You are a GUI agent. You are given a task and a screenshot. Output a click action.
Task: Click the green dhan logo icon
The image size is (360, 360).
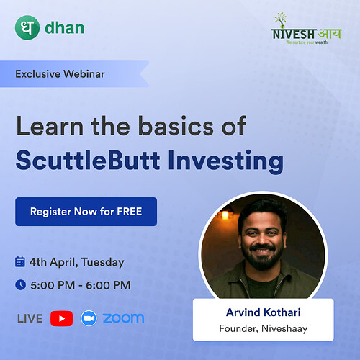27,28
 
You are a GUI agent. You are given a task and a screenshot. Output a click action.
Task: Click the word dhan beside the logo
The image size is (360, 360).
64,29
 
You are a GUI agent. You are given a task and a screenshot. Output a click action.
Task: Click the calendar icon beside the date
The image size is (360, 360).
20,261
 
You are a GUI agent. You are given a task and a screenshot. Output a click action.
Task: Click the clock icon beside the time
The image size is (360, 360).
20,285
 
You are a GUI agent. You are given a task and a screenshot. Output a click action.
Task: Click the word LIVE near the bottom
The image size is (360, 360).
29,318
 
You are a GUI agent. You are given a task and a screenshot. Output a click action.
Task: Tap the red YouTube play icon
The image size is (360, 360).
61,318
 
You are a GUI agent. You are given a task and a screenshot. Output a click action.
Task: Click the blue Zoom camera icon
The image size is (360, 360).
89,318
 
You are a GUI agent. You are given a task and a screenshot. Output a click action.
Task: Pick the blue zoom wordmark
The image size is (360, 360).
123,318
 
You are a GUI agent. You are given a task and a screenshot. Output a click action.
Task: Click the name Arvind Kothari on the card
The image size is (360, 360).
263,313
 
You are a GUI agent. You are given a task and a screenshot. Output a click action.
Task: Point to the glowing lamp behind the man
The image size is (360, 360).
224,214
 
